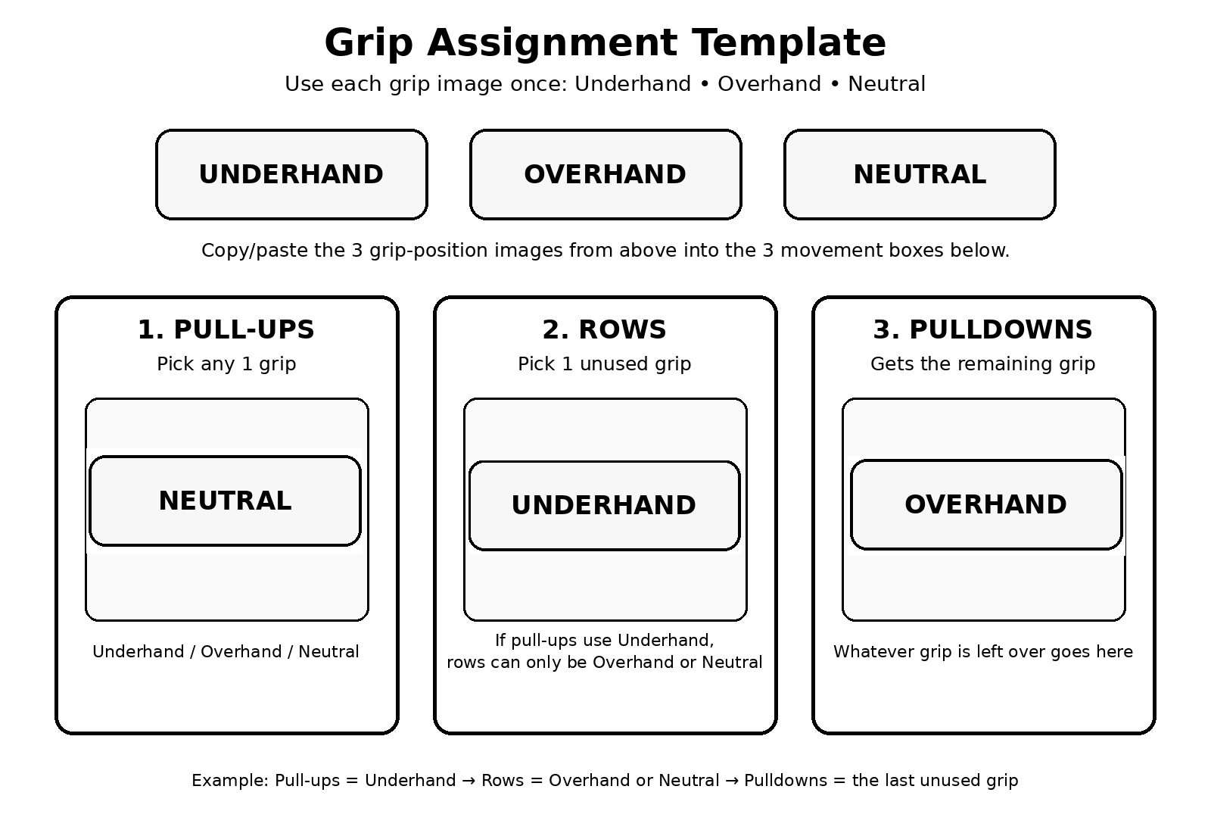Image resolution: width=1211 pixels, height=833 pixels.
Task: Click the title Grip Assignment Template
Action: (x=605, y=42)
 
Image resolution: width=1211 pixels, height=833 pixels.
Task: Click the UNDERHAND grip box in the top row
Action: (x=291, y=174)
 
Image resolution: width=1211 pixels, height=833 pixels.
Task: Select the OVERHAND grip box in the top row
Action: (x=605, y=174)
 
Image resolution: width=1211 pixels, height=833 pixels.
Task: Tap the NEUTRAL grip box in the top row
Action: (x=920, y=174)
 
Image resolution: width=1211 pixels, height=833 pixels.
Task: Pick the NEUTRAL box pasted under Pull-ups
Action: (x=225, y=501)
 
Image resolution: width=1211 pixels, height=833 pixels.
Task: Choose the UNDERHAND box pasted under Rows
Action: (x=605, y=506)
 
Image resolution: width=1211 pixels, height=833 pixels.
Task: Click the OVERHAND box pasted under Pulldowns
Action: (x=986, y=504)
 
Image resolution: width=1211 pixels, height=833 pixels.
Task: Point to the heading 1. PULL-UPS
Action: (x=226, y=329)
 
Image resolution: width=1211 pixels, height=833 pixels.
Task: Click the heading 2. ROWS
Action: (x=605, y=329)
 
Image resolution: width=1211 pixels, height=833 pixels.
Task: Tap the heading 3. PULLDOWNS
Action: (x=983, y=329)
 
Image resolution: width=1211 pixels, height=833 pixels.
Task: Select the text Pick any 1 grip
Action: (x=226, y=364)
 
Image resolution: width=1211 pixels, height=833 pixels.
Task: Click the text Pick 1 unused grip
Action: (x=605, y=364)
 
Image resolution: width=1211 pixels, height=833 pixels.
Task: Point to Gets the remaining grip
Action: (x=983, y=364)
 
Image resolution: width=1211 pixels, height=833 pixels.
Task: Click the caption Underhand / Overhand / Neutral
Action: (x=226, y=651)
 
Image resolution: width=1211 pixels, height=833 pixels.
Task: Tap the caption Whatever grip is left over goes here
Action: (x=983, y=651)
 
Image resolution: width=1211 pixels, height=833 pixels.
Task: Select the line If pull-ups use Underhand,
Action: (x=605, y=641)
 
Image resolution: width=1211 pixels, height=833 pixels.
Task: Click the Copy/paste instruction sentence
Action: (x=605, y=251)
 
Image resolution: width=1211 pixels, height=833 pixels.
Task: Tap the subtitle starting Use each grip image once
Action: (x=605, y=84)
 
